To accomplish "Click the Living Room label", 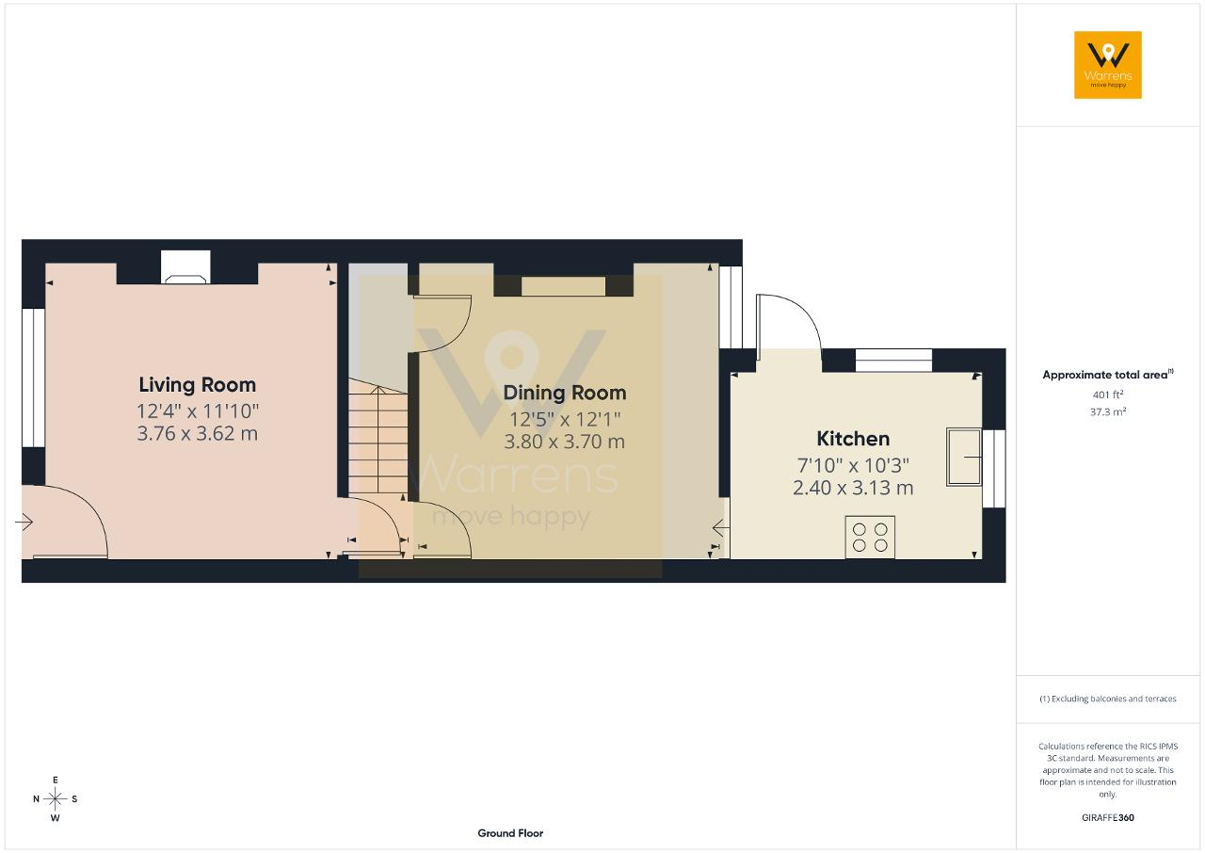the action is click(x=198, y=385).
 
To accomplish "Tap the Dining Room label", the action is click(x=564, y=394).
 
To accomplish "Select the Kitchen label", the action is click(x=853, y=439).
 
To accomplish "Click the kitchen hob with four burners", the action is click(x=870, y=538).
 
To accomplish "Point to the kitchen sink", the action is click(x=964, y=458).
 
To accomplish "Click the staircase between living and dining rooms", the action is click(x=378, y=437).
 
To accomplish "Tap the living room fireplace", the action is click(x=185, y=267).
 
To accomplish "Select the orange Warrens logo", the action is click(x=1108, y=65).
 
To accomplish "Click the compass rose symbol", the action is click(x=55, y=799).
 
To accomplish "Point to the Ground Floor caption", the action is click(x=510, y=833).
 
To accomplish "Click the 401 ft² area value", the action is click(x=1108, y=394).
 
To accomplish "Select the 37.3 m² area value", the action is click(x=1108, y=412).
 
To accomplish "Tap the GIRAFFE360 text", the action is click(x=1108, y=817).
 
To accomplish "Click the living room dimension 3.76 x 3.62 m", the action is click(x=198, y=433).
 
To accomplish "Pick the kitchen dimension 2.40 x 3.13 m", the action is click(x=853, y=488).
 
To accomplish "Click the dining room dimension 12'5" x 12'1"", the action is click(x=564, y=420).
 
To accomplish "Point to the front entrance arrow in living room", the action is click(x=24, y=522).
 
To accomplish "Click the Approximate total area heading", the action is click(x=1108, y=375).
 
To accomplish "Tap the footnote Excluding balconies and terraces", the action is click(x=1108, y=699).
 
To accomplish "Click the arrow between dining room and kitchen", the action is click(x=721, y=528).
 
